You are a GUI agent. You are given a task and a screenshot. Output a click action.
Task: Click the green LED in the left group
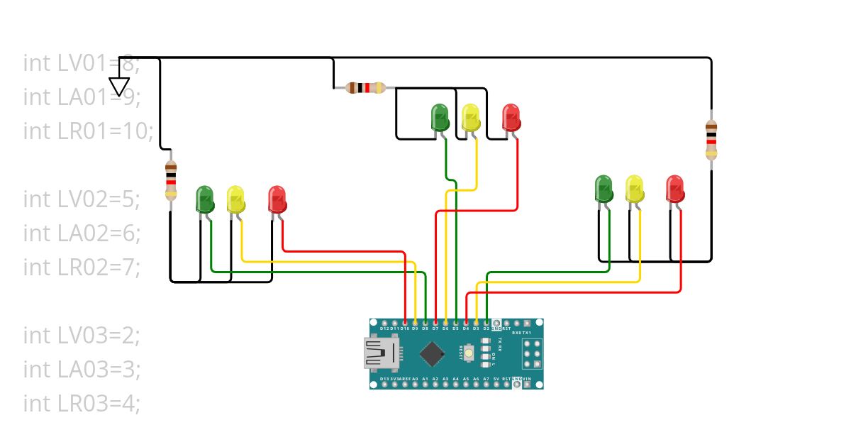pos(205,199)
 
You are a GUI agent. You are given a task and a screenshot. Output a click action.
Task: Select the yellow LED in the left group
pos(235,199)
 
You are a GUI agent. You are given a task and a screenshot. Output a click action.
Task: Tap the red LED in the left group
pos(277,199)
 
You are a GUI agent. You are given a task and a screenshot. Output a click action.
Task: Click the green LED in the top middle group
pos(440,117)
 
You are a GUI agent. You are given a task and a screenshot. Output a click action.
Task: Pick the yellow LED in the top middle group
pos(470,117)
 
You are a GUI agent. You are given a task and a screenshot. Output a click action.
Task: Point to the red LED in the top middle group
pos(511,117)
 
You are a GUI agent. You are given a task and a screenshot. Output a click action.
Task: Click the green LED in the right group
pos(604,188)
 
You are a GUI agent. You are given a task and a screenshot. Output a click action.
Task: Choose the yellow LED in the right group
pos(634,188)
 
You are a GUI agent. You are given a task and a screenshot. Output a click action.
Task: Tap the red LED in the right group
pos(675,188)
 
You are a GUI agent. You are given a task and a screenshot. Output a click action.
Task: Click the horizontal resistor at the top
pos(365,88)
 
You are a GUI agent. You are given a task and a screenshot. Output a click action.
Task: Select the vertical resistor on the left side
pos(170,180)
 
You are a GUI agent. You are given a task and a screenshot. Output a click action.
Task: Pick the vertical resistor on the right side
pos(711,140)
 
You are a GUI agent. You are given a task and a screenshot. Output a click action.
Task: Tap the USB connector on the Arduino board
pos(381,353)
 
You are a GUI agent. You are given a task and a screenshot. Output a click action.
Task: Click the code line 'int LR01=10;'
pos(88,131)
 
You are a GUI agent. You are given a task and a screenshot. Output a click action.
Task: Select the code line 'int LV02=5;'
pos(82,199)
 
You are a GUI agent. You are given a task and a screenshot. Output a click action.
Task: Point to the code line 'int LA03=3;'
pos(82,369)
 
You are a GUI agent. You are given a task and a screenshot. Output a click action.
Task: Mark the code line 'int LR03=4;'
pos(82,403)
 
